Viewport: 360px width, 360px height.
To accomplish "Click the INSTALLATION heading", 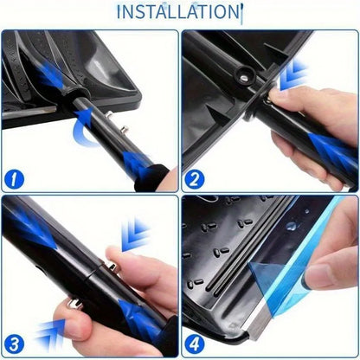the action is pyautogui.click(x=179, y=11).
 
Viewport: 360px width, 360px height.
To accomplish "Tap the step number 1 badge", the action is pyautogui.click(x=14, y=179).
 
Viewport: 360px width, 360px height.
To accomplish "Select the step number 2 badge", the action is pyautogui.click(x=194, y=179).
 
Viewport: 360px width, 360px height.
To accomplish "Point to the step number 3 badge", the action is pyautogui.click(x=14, y=345).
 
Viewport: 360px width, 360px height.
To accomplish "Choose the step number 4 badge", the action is pyautogui.click(x=195, y=344).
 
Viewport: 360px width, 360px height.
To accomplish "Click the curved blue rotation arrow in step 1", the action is pyautogui.click(x=80, y=130).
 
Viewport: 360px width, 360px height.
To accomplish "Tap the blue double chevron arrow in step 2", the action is pyautogui.click(x=292, y=74).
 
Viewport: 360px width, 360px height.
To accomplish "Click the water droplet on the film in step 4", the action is pyautogui.click(x=292, y=226).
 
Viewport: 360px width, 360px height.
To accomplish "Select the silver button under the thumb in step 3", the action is pyautogui.click(x=74, y=304).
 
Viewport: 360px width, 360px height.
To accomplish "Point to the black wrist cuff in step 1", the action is pyautogui.click(x=151, y=178).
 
